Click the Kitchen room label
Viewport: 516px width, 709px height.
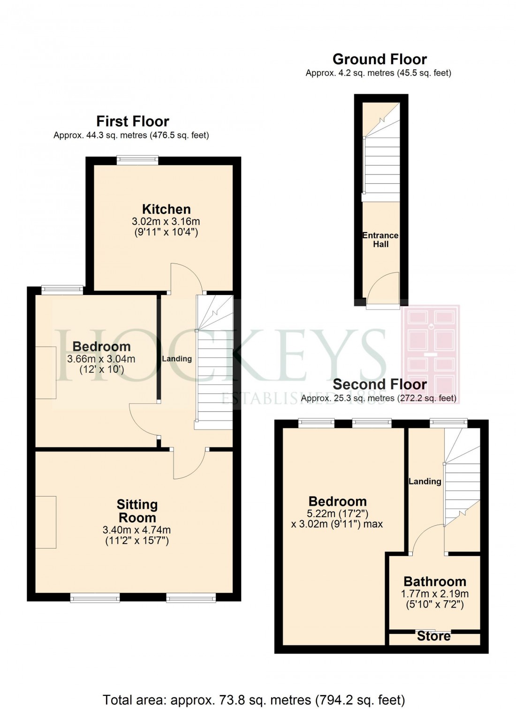(166, 209)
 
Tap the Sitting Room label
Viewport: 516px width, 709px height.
(137, 511)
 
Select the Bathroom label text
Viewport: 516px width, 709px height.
(435, 581)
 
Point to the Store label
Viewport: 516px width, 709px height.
(434, 636)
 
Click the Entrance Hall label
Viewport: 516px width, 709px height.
(380, 240)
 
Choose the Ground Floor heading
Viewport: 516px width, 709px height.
(379, 60)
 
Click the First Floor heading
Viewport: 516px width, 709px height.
(132, 121)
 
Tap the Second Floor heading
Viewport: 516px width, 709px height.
(379, 385)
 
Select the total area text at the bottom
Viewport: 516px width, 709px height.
(253, 700)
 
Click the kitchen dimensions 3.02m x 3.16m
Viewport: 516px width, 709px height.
(166, 221)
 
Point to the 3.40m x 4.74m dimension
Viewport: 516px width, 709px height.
(137, 530)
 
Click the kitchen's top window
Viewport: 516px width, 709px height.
(137, 160)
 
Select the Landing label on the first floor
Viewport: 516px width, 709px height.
(177, 359)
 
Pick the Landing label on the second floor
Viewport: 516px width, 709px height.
(425, 481)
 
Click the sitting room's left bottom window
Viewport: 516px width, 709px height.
(95, 597)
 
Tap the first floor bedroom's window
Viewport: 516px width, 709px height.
(62, 290)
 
